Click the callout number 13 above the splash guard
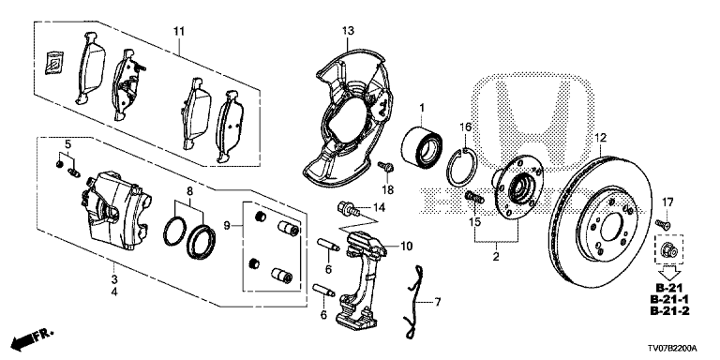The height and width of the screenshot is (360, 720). click(348, 31)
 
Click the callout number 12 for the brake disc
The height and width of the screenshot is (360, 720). click(601, 137)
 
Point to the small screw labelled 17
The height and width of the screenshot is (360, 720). click(662, 224)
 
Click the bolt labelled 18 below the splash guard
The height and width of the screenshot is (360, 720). click(385, 166)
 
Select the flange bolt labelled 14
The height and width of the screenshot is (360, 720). click(350, 208)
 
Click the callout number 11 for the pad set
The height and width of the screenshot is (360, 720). click(179, 31)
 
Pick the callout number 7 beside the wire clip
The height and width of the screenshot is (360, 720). click(437, 302)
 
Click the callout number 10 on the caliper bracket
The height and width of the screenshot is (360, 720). click(407, 247)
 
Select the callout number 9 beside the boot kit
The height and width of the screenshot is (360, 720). click(226, 225)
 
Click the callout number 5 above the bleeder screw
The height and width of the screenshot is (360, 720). click(67, 144)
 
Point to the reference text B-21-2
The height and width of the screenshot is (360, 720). click(669, 311)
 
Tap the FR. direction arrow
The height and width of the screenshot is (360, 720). click(32, 337)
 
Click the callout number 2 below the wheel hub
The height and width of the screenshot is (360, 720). click(495, 257)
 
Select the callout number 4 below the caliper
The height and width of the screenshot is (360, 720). click(113, 292)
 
